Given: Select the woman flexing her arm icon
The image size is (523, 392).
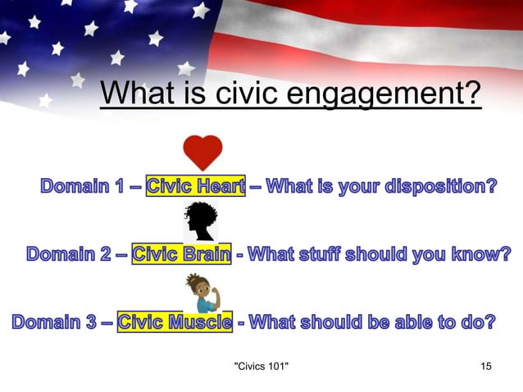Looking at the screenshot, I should tap(200, 293).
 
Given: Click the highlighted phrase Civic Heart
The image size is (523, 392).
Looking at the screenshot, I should tap(195, 187).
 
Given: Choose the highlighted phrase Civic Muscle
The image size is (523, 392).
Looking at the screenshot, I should tap(175, 321).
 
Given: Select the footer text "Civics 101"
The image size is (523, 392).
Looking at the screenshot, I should tap(261, 364).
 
